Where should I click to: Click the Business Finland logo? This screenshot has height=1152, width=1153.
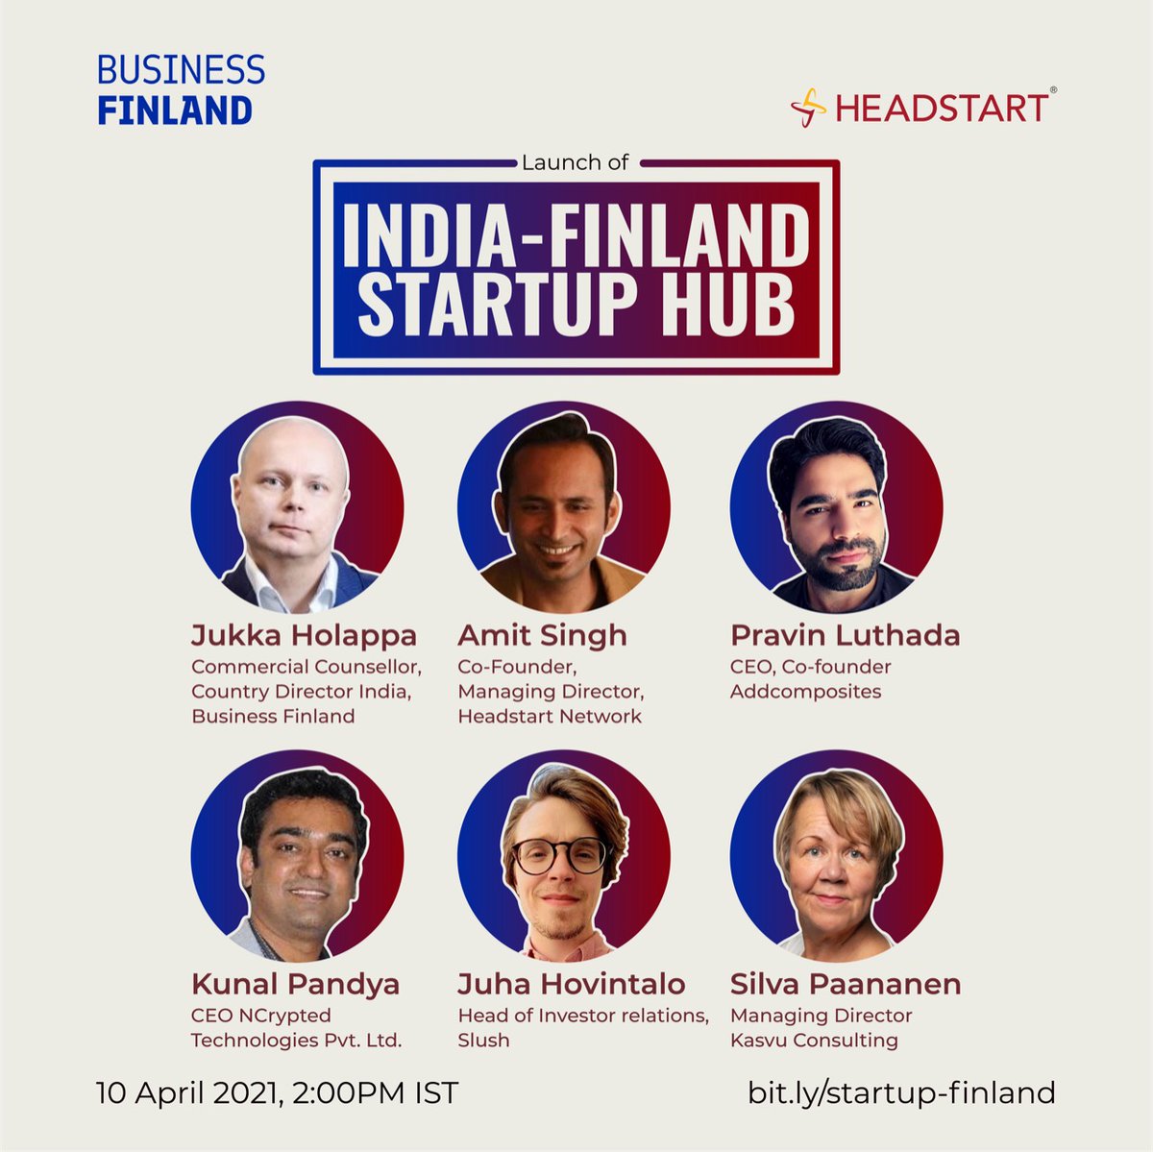[181, 90]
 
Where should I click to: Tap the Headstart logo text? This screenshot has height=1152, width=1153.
[941, 108]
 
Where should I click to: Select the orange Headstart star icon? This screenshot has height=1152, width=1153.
[808, 108]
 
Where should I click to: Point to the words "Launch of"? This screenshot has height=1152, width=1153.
[575, 162]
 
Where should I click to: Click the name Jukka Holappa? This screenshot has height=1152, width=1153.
[304, 636]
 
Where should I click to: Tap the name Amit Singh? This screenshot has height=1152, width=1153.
[542, 636]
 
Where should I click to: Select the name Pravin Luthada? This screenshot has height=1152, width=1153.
[845, 636]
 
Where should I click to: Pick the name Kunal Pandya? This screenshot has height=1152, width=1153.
[295, 985]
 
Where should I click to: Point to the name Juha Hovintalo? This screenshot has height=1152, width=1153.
[571, 985]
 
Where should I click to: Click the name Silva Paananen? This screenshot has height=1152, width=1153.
[846, 985]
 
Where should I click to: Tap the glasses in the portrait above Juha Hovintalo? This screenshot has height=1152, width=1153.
[560, 854]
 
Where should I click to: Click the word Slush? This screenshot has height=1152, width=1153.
[483, 1041]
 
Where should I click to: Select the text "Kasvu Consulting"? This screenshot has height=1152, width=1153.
[814, 1041]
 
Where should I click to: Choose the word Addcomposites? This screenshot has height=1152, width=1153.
[805, 692]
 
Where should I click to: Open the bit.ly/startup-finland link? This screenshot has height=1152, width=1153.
[901, 1093]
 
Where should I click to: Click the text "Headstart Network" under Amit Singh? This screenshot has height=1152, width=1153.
[549, 717]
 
